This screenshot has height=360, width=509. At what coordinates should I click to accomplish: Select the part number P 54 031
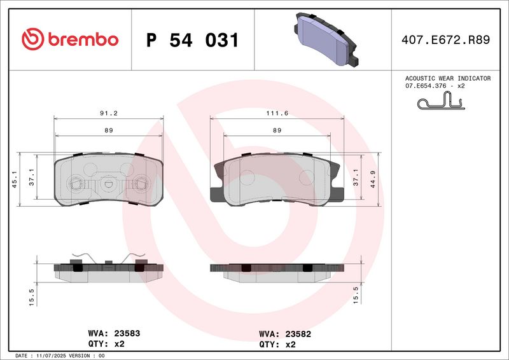[x=193, y=40]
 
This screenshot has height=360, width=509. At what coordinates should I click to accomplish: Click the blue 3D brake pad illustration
[x=325, y=39]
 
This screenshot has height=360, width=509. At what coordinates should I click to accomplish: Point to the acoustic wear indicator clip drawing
[x=440, y=101]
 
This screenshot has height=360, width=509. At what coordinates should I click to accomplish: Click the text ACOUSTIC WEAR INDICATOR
[x=448, y=78]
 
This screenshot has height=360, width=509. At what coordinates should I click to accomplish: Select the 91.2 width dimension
[x=109, y=113]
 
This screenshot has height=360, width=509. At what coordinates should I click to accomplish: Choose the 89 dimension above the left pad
[x=109, y=130]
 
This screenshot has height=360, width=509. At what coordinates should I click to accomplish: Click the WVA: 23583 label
[x=105, y=333]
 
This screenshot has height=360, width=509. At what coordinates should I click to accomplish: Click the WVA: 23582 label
[x=284, y=333]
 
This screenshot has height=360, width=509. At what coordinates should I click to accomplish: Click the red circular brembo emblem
[x=31, y=39]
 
